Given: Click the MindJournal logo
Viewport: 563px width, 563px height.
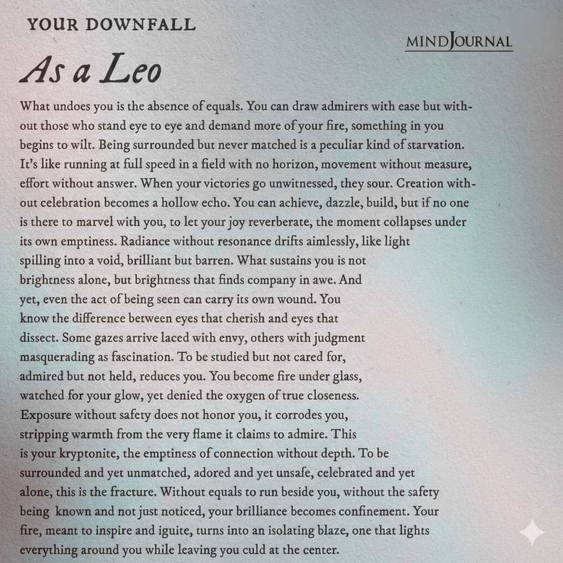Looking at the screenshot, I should pos(459,42).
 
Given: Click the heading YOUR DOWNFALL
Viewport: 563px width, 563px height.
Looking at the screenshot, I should pos(111,24).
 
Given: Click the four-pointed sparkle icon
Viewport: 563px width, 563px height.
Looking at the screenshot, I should pos(532,532).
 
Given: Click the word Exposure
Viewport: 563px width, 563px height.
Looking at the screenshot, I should pos(46,415).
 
